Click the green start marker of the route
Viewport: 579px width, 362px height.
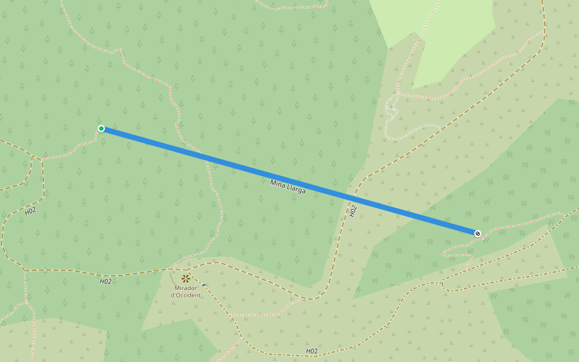[101, 129]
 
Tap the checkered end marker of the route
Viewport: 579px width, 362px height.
[478, 233]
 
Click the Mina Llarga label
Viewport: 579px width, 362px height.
[288, 186]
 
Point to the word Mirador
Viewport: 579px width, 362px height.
[186, 288]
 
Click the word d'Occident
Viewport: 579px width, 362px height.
[186, 295]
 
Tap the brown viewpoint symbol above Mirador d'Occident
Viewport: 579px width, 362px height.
[186, 278]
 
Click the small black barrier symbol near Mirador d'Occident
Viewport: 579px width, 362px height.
[204, 285]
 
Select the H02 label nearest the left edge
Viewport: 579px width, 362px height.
[30, 211]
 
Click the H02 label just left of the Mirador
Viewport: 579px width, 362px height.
[106, 281]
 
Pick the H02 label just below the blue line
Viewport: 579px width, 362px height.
[353, 211]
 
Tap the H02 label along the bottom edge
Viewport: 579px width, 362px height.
[311, 351]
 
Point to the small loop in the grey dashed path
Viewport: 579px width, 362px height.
[392, 109]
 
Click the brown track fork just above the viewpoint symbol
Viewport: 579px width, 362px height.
[172, 268]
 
